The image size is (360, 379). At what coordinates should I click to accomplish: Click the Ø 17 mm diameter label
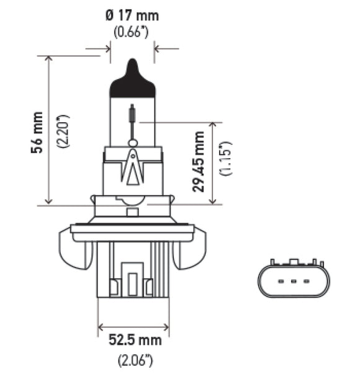click(x=132, y=13)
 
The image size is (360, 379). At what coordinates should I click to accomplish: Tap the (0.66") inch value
click(x=132, y=30)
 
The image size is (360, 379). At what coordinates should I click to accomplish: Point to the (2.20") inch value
click(x=61, y=131)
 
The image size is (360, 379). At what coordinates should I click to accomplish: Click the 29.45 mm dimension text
click(x=199, y=162)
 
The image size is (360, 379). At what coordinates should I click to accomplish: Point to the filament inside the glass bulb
click(x=132, y=115)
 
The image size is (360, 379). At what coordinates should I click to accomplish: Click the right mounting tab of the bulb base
click(x=191, y=248)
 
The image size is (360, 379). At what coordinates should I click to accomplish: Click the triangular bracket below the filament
click(x=132, y=167)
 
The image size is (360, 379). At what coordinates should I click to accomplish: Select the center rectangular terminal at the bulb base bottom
click(x=132, y=280)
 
